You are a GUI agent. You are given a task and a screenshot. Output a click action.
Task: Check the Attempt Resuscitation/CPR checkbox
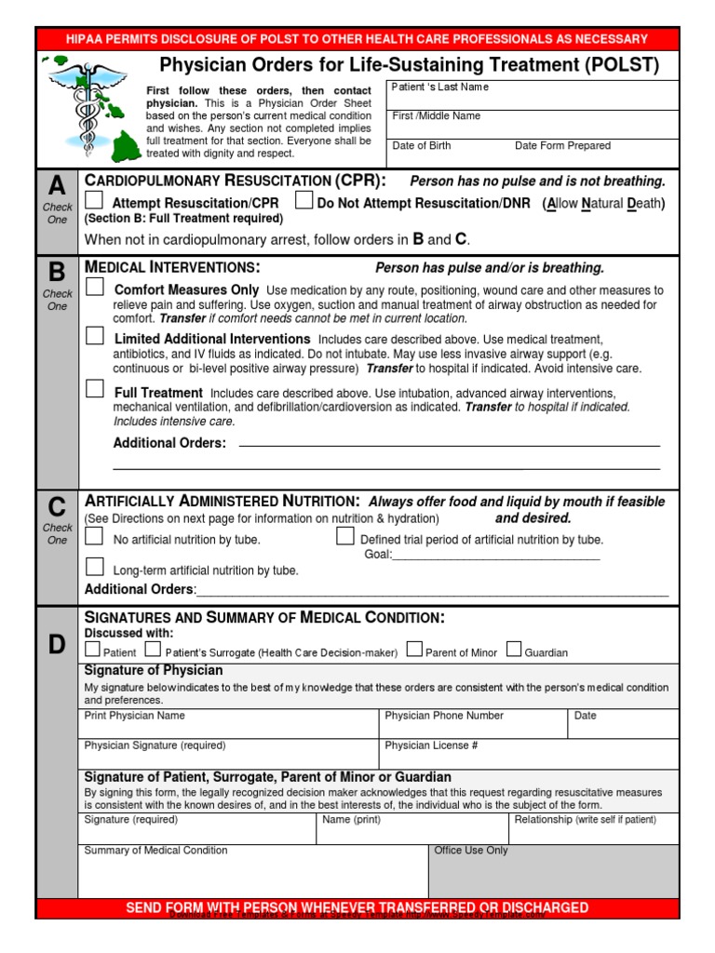pyautogui.click(x=94, y=201)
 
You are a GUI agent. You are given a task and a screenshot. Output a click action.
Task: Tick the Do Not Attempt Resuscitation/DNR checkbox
pyautogui.click(x=304, y=201)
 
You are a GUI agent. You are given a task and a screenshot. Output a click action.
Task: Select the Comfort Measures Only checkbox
pyautogui.click(x=94, y=289)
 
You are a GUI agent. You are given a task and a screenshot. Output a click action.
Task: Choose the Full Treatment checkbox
pyautogui.click(x=94, y=390)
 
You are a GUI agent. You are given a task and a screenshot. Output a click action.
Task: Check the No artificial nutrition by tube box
pyautogui.click(x=94, y=537)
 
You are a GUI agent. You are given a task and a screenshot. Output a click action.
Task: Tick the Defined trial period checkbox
pyautogui.click(x=344, y=537)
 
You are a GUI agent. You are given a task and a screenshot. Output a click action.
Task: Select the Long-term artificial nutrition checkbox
pyautogui.click(x=94, y=567)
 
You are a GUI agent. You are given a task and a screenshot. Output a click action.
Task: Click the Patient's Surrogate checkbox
pyautogui.click(x=152, y=650)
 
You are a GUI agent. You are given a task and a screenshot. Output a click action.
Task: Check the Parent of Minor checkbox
pyautogui.click(x=414, y=650)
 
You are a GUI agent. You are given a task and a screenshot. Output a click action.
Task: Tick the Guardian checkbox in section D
pyautogui.click(x=514, y=650)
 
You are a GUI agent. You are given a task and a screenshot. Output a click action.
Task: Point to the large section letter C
pyautogui.click(x=57, y=507)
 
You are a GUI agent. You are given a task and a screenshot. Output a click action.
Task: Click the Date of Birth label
pyautogui.click(x=422, y=146)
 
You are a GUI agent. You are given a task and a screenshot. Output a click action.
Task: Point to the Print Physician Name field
pyautogui.click(x=229, y=724)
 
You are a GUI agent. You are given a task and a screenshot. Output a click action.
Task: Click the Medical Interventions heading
pyautogui.click(x=172, y=267)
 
